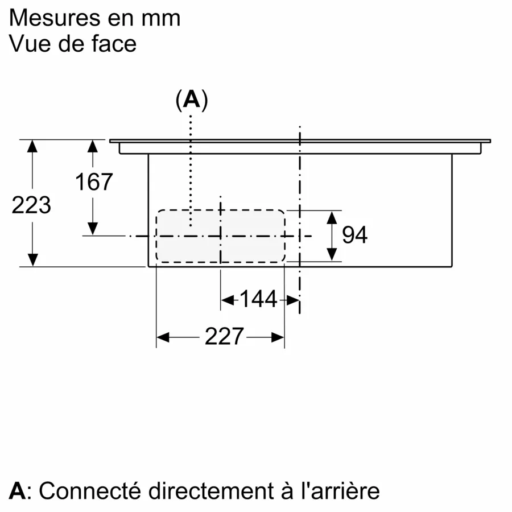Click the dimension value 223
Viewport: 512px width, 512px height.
click(31, 205)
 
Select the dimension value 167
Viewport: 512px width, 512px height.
click(94, 182)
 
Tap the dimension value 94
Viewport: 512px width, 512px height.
click(354, 235)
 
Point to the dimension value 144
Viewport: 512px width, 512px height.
click(259, 299)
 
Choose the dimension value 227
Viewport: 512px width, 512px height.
click(224, 336)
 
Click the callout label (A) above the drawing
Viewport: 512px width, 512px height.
click(192, 100)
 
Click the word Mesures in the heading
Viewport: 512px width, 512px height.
click(55, 18)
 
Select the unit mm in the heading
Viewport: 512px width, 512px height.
click(161, 19)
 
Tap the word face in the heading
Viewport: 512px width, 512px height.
click(114, 44)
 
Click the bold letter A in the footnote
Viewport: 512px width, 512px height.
click(17, 491)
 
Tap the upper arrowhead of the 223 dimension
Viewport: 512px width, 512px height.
click(32, 146)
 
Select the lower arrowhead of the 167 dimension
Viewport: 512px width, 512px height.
click(93, 228)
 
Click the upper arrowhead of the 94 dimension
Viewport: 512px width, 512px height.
click(332, 217)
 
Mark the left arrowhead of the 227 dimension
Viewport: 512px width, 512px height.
click(163, 337)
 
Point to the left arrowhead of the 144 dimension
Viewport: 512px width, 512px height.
click(228, 300)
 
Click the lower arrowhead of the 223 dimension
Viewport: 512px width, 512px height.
click(32, 260)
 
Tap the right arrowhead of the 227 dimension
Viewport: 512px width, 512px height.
click(278, 337)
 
